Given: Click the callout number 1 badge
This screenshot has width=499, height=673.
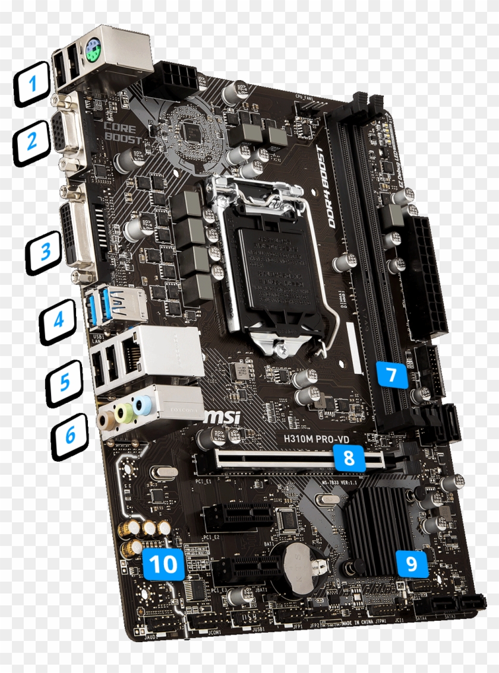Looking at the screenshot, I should pyautogui.click(x=33, y=84).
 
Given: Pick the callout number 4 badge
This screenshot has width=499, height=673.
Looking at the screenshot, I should pyautogui.click(x=59, y=320).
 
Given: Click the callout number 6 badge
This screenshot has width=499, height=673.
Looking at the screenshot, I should pyautogui.click(x=70, y=436).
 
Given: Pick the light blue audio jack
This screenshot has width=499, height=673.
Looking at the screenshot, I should pyautogui.click(x=142, y=406).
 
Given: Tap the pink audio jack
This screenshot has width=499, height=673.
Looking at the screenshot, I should pyautogui.click(x=106, y=420).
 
